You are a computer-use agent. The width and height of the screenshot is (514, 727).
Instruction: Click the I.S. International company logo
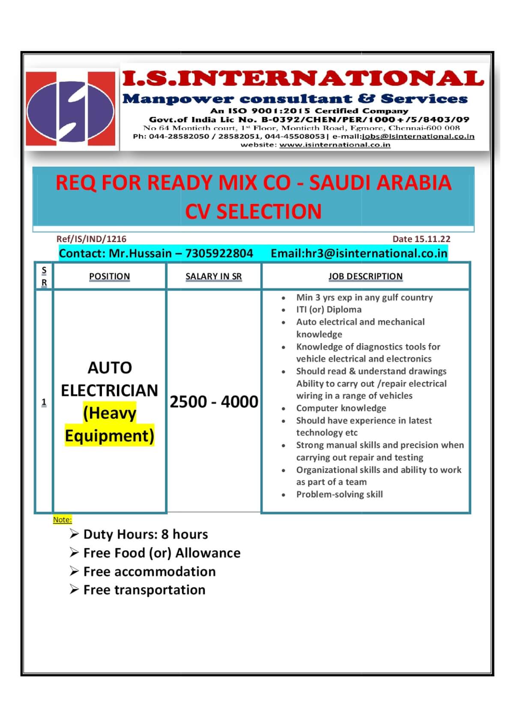(x=71, y=109)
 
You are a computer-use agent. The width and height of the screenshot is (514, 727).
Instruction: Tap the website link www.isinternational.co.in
(x=335, y=145)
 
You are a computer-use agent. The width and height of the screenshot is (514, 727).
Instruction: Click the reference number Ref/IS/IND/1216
(x=91, y=239)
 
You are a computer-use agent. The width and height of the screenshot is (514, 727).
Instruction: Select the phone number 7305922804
(x=219, y=253)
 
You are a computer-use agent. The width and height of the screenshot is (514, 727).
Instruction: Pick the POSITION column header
(x=109, y=277)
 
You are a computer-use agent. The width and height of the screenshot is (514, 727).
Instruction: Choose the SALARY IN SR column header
(x=213, y=277)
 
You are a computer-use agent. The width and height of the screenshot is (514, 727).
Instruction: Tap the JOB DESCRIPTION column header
(x=365, y=277)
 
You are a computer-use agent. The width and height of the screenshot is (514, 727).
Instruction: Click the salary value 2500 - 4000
(x=214, y=402)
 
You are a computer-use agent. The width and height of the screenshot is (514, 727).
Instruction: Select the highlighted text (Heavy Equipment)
(x=110, y=425)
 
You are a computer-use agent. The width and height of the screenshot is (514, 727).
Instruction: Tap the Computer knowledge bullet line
(x=341, y=408)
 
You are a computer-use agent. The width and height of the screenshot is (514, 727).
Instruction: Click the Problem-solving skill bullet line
(x=339, y=494)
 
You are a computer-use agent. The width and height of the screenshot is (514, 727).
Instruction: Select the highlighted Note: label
(x=62, y=520)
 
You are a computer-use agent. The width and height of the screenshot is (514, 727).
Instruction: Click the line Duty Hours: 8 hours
(x=145, y=535)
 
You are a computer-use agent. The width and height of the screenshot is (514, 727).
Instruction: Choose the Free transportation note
(x=144, y=590)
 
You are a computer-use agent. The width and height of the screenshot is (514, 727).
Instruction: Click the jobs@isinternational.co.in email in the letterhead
(x=418, y=137)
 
